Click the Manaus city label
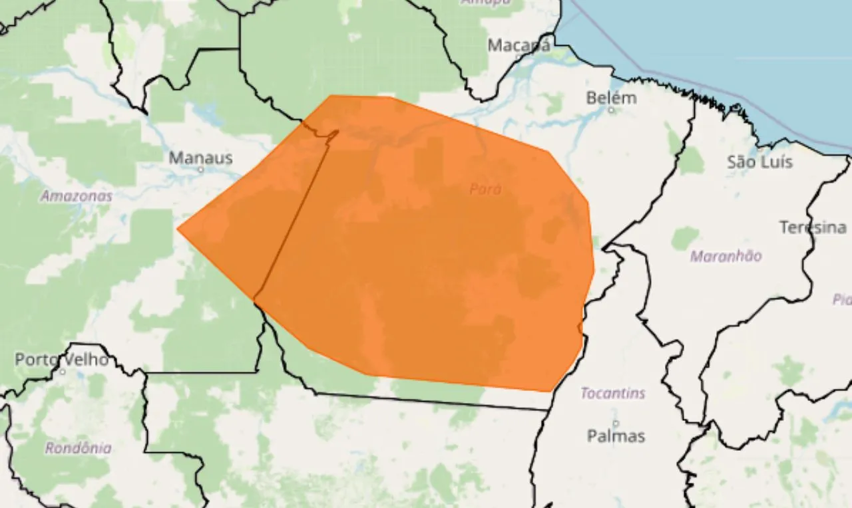point(200,158)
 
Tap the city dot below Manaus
point(200,170)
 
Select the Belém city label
point(611,98)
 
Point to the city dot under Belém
point(611,110)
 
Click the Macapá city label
point(519,45)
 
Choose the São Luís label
point(759,162)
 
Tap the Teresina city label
point(813,227)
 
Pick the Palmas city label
point(616,436)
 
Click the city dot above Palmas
point(616,423)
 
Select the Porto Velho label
point(62,360)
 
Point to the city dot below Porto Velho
point(62,371)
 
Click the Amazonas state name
point(76,196)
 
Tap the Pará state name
point(485,190)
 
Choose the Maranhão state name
point(726,256)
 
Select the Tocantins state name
point(612,393)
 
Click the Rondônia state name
point(78,448)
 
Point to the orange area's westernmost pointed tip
point(178,229)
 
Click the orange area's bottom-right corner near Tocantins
point(550,391)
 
